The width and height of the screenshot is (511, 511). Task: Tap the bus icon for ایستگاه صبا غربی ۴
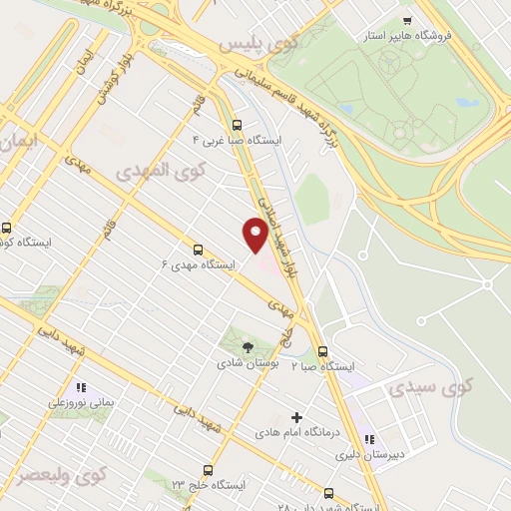237,125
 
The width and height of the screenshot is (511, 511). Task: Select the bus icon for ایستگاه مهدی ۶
198,250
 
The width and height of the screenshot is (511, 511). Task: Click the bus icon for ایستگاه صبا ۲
322,351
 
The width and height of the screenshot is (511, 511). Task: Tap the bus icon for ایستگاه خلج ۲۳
208,469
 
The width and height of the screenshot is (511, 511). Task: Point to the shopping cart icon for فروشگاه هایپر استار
406,20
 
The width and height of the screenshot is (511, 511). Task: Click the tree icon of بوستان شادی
248,347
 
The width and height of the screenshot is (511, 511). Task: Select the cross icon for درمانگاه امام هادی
295,415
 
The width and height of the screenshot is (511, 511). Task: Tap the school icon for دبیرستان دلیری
368,439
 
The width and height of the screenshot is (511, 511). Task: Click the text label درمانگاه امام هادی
295,432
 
